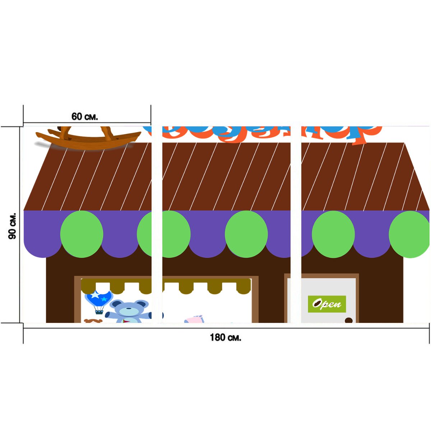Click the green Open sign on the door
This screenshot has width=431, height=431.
327,304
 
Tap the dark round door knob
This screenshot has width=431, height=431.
348,320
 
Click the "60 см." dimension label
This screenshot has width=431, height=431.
85,117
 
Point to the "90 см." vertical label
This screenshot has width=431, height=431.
12,226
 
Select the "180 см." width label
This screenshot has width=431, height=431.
226,338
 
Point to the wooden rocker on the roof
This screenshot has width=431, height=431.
88,138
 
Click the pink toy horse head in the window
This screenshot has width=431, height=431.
194,319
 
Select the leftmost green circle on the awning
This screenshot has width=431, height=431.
82,234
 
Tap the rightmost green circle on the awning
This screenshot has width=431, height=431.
409,234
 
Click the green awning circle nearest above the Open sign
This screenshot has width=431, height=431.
333,234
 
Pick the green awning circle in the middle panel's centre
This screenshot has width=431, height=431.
246,234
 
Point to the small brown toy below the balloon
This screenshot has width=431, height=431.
93,321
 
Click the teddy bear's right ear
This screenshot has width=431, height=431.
142,304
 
